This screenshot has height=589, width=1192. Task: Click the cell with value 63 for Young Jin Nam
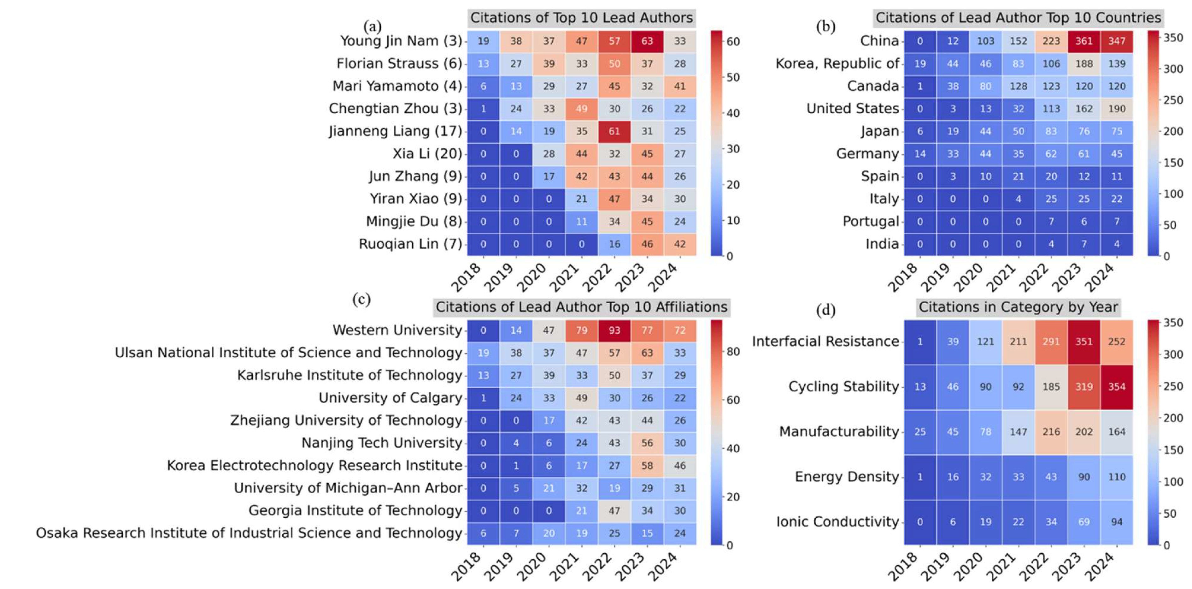[647, 41]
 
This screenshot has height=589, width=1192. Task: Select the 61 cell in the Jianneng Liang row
[614, 132]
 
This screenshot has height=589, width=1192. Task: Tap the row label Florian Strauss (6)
[399, 63]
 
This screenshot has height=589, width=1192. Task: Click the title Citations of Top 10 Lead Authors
[581, 18]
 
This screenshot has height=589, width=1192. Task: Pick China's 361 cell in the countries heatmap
[1084, 41]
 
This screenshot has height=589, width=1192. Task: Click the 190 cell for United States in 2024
[1117, 109]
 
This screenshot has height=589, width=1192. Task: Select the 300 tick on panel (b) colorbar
[1173, 69]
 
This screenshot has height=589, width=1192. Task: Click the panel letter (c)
[361, 300]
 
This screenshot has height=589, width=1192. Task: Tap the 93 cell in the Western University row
[614, 330]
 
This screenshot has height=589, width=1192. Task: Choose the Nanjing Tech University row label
[382, 443]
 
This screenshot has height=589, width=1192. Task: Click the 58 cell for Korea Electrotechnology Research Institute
[647, 466]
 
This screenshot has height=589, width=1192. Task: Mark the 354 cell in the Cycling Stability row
[1117, 387]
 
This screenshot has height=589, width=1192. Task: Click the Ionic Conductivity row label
[837, 522]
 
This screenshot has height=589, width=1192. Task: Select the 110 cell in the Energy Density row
[1117, 477]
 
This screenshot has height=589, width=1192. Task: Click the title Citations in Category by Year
[1018, 307]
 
